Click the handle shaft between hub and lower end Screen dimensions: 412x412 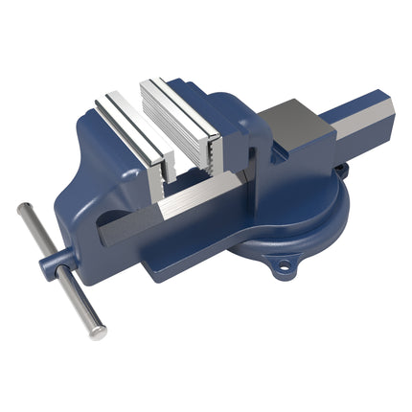pyautogui.click(x=77, y=297)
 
